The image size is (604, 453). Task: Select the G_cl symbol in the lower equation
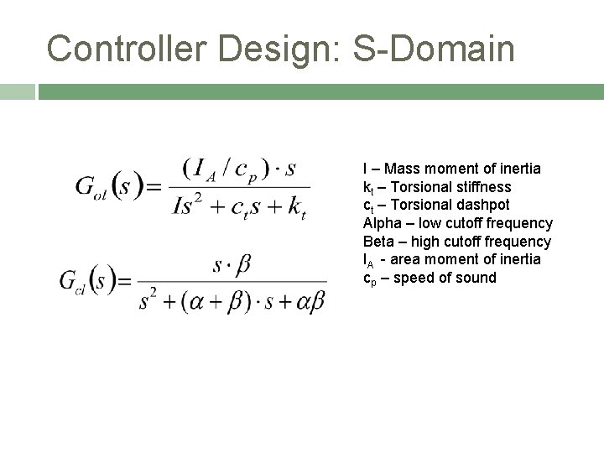74,281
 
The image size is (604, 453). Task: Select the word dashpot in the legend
486,205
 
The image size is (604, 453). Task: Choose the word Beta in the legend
378,242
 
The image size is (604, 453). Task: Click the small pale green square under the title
17,91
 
